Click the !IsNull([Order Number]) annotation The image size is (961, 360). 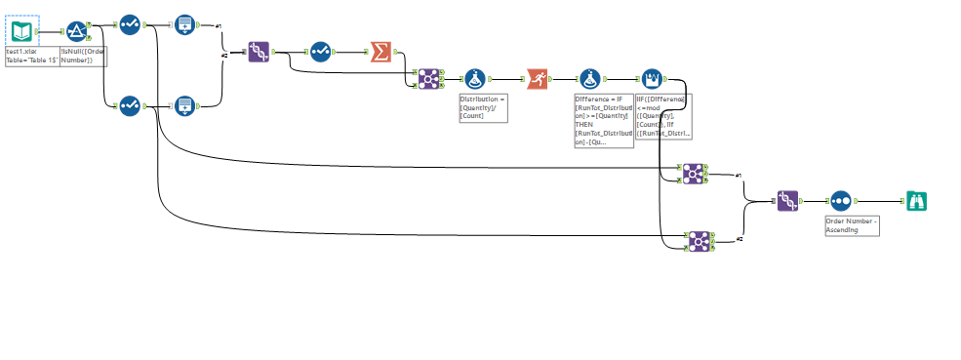pos(83,56)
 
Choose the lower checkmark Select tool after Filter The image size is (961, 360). pos(130,104)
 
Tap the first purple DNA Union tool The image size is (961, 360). pos(259,52)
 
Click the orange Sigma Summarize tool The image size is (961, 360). pos(380,52)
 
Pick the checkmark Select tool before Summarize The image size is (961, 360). pos(321,52)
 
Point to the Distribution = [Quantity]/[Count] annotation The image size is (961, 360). pos(483,107)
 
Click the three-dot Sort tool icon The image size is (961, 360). pos(841,201)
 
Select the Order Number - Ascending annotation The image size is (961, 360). pos(851,225)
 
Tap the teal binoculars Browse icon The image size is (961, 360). pos(914,201)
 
